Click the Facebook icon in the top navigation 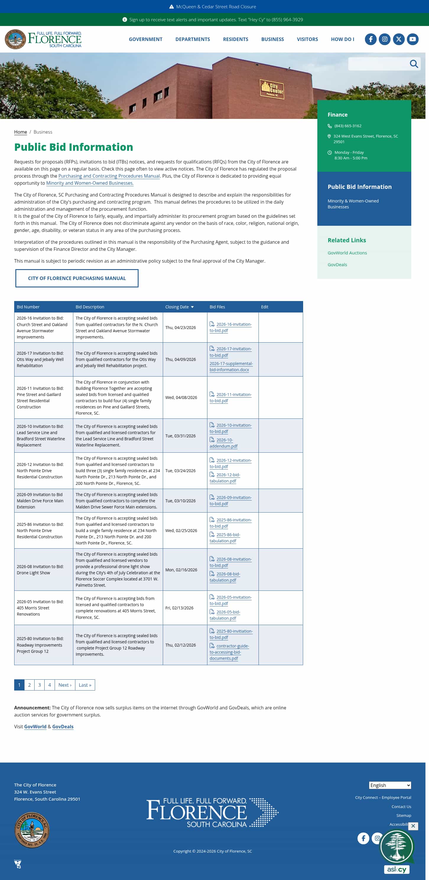(x=370, y=39)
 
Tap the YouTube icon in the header (x=412, y=39)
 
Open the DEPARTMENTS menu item (x=193, y=39)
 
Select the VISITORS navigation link (x=307, y=39)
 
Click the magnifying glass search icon (x=414, y=64)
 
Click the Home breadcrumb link (x=20, y=132)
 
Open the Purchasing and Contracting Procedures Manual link (x=109, y=176)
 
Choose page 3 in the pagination (x=39, y=685)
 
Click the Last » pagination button (x=85, y=685)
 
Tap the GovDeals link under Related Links (x=337, y=265)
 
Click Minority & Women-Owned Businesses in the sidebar (x=353, y=204)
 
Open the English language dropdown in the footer (x=390, y=785)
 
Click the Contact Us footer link (x=401, y=807)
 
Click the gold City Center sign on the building (x=272, y=89)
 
